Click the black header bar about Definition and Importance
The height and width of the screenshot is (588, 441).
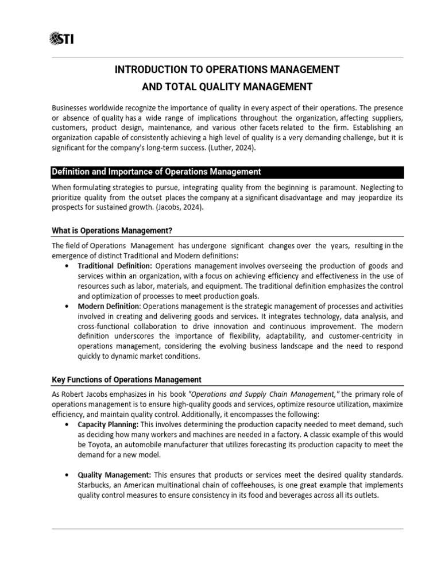pos(227,172)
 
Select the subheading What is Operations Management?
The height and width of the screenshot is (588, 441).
pos(112,230)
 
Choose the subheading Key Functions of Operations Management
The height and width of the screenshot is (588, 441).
pos(126,380)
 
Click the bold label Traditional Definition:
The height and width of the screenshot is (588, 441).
pos(115,266)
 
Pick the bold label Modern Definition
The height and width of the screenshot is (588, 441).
pos(109,306)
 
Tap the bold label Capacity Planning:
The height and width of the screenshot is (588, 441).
pos(108,424)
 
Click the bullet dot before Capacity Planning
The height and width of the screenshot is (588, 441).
pos(68,424)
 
